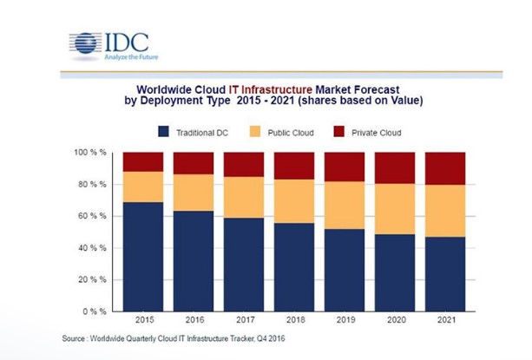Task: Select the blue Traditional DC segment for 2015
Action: coord(142,257)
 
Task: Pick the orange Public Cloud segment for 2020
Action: coord(396,208)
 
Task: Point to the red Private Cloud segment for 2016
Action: coord(193,164)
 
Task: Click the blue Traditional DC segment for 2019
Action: coord(345,270)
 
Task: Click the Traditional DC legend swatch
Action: coord(163,132)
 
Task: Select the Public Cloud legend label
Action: coord(290,133)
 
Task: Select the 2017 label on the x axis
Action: coord(243,320)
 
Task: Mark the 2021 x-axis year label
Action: coord(446,320)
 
